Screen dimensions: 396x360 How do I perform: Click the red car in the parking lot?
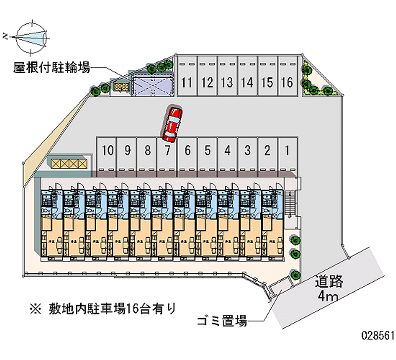pos(172,122)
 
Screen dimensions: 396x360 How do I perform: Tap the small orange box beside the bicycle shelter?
pos(121,87)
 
